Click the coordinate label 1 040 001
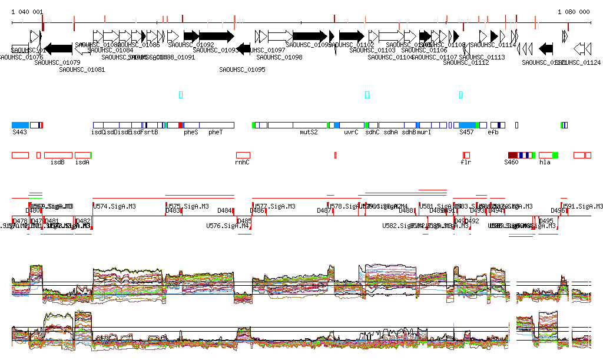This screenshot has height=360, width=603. point(27,12)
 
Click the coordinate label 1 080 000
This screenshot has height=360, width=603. point(574,12)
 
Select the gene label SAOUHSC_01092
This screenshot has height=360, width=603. point(191,45)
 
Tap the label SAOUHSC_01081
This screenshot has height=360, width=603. point(82,70)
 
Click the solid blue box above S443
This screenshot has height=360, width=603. point(20,125)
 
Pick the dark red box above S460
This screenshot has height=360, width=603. point(512,155)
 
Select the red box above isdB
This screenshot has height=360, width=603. point(58,155)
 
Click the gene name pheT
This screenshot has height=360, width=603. point(216,133)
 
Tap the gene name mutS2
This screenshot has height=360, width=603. point(309,133)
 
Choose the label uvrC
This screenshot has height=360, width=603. point(351,133)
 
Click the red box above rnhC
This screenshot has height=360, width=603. point(243,155)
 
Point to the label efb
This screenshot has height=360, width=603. point(493,133)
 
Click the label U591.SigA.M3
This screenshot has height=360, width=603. point(583,207)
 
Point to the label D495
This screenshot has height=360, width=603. point(546,221)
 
